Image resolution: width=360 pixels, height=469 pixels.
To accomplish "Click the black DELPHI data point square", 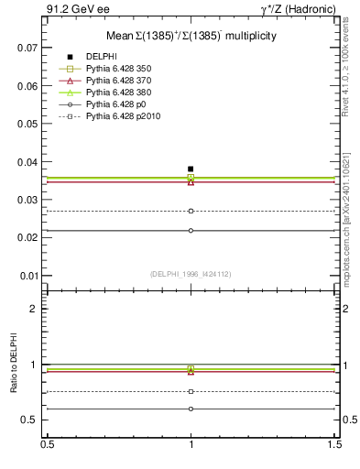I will pos(191,169).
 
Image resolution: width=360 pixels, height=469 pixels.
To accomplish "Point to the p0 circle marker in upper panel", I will pos(191,230).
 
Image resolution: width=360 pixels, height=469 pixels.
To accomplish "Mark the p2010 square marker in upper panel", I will pos(191,211).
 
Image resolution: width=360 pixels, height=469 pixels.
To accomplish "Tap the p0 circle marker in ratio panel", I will pos(191,409).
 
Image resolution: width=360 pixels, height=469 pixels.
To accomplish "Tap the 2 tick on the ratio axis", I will pos(35,309).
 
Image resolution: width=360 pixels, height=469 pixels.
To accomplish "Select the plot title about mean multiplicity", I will pos(191,36).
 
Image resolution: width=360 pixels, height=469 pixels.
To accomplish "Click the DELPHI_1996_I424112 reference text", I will pos(191,273).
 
